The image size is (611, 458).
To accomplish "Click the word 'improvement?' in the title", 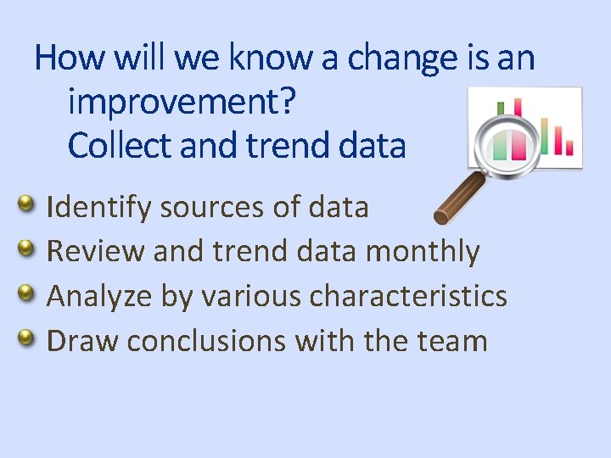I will (x=182, y=102).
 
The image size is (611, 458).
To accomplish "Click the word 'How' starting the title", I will (x=69, y=59).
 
